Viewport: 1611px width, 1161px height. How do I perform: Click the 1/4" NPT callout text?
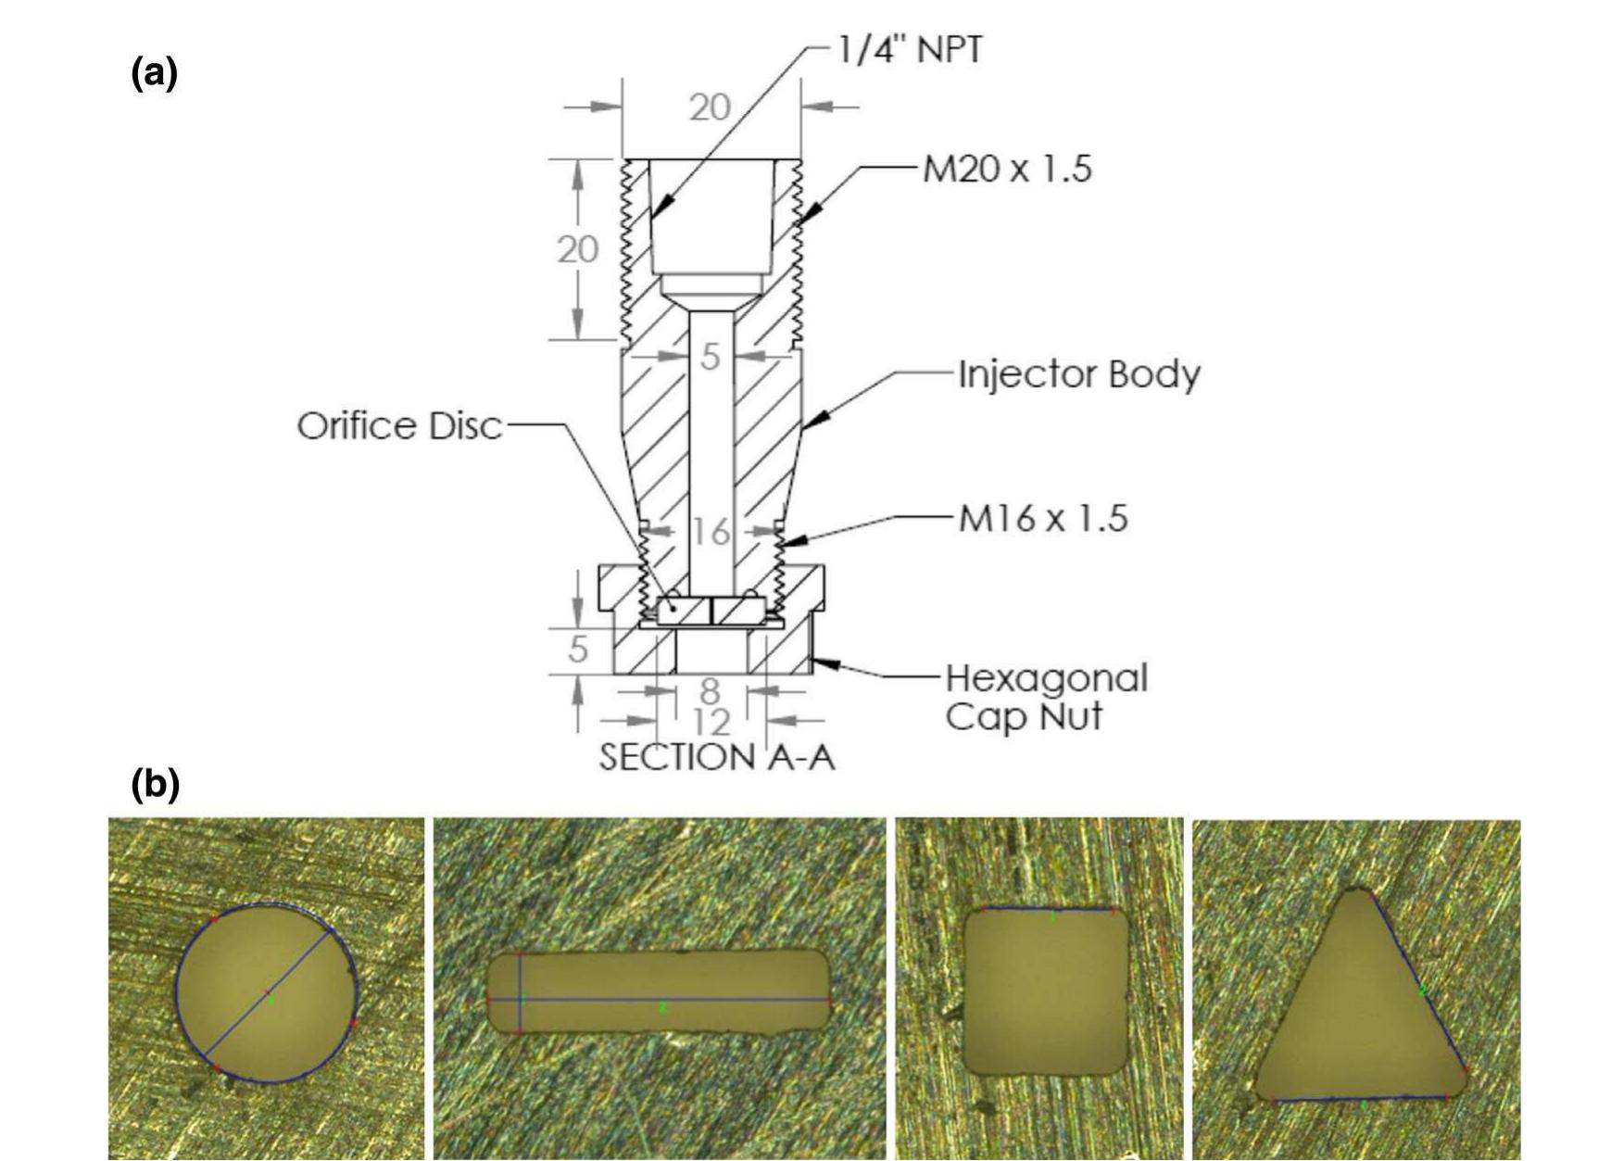909,49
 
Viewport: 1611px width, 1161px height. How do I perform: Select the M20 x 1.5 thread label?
1007,169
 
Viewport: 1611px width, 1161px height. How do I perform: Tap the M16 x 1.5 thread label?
1042,518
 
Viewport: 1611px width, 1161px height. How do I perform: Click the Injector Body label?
1078,374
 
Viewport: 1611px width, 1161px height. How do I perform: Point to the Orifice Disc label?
399,426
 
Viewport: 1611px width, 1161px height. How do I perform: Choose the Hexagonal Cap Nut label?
1046,697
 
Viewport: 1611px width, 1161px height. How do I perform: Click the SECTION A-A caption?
717,757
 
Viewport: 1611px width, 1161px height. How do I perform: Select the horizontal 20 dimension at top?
710,108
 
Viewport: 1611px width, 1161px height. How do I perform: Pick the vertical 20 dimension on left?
577,249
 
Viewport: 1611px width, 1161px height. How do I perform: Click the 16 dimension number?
711,532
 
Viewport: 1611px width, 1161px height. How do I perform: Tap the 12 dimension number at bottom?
711,722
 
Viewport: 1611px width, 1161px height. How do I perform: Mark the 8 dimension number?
710,691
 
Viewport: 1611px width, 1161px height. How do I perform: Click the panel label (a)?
154,72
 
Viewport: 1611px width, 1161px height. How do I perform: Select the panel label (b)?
155,784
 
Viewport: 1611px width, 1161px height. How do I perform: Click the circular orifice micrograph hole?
267,991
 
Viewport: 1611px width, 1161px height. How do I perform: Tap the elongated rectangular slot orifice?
659,991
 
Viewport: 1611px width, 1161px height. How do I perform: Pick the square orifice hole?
1047,991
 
